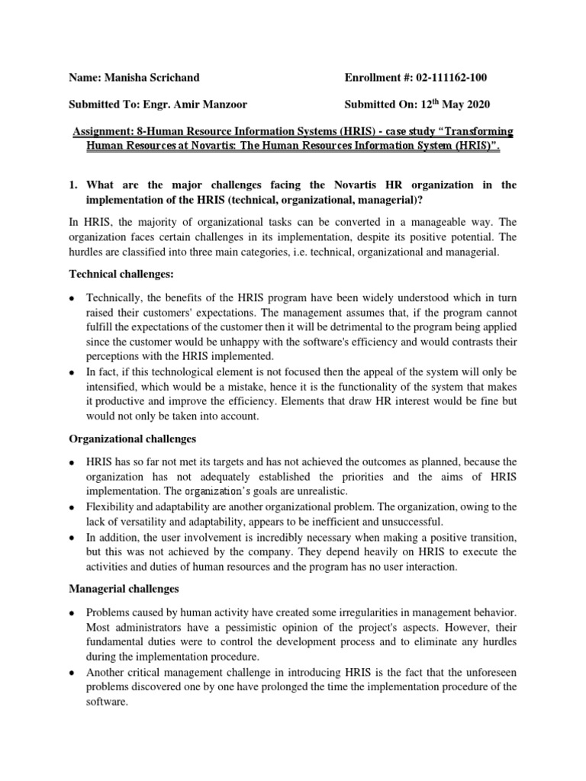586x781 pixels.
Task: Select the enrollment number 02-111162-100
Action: [x=443, y=78]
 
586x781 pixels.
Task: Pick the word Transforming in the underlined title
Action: [x=476, y=131]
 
